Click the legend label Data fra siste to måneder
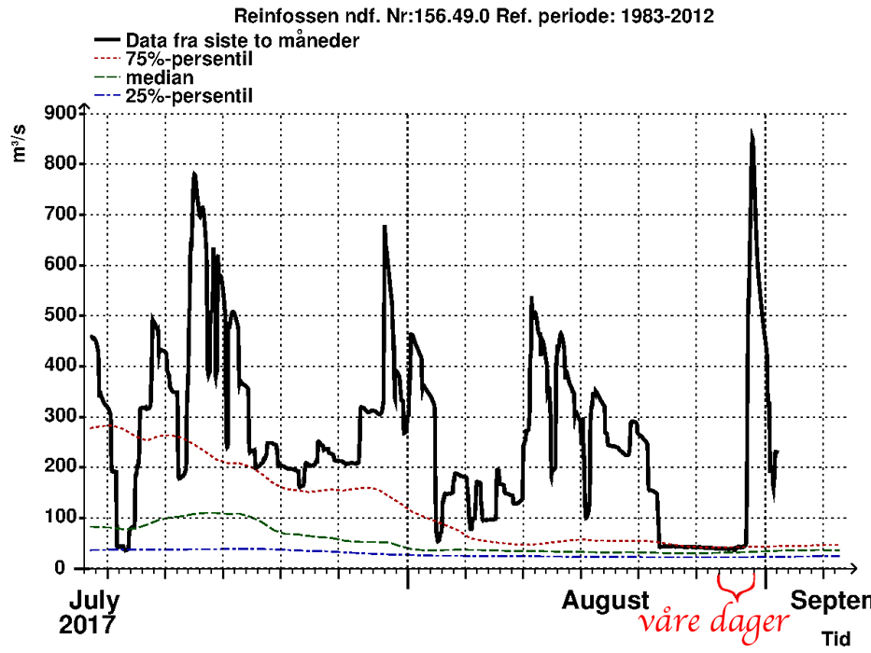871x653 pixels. coord(229,40)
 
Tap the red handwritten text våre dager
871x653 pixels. coord(713,622)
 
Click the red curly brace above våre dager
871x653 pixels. coord(734,589)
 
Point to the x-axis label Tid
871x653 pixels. coord(836,639)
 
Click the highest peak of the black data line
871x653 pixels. coord(752,133)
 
